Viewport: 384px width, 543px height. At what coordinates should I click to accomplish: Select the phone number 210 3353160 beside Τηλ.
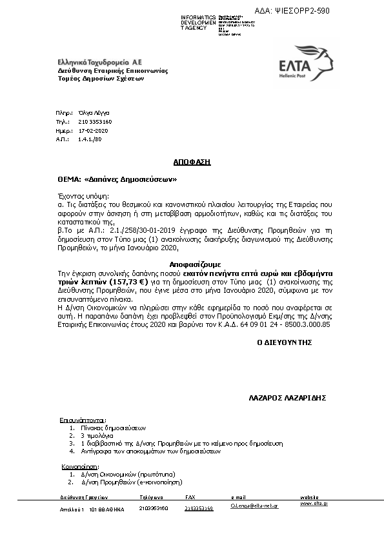95,121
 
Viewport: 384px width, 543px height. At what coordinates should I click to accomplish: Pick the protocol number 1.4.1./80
90,139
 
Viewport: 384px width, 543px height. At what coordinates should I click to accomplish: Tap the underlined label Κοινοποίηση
79,464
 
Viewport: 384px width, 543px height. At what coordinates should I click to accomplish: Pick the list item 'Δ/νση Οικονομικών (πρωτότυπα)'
116,473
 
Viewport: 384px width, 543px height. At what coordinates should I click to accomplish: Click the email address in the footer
254,508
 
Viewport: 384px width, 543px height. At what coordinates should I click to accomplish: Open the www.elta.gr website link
314,503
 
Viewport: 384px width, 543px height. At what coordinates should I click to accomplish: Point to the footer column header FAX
190,498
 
